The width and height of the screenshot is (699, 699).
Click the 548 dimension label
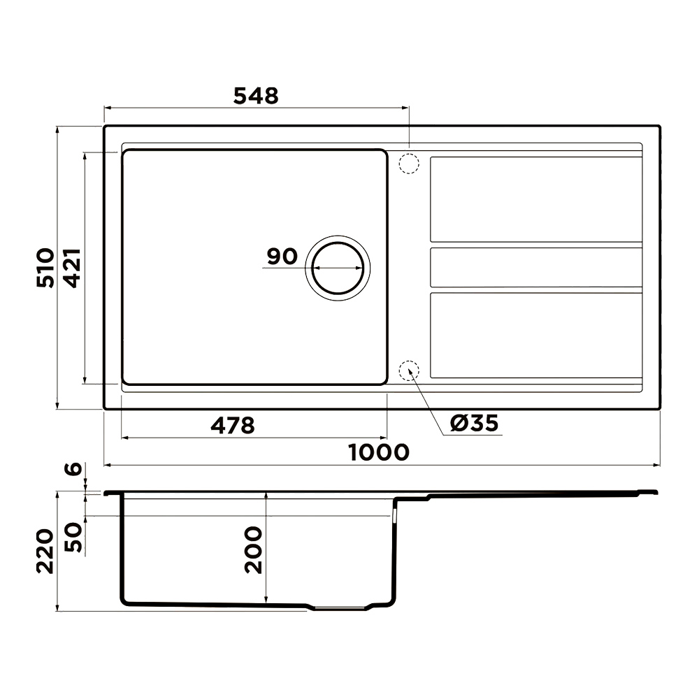[256, 95]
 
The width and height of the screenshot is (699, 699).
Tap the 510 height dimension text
[45, 268]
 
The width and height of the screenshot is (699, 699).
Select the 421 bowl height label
[72, 268]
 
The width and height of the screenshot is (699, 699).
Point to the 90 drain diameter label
[282, 257]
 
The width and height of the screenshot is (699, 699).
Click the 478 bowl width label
[233, 425]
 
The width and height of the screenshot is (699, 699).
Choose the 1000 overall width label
[378, 452]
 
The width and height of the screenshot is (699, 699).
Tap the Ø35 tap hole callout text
[475, 423]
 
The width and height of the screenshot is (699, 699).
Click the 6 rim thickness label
[73, 468]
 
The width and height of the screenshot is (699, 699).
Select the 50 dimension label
[73, 537]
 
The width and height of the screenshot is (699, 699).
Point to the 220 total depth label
[45, 551]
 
